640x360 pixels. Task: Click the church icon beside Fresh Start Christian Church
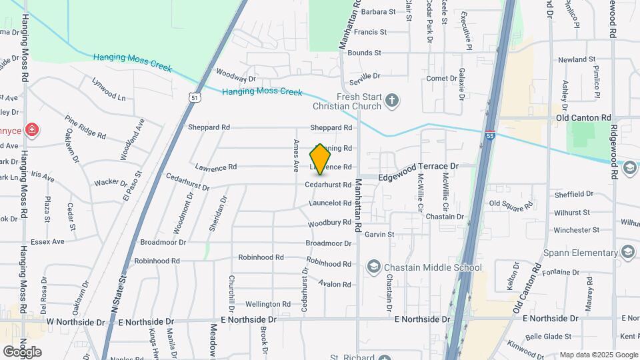[x=393, y=101]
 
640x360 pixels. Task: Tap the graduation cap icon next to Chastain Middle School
[x=373, y=268]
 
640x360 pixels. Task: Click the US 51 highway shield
[x=194, y=97]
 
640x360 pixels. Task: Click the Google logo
[x=22, y=351]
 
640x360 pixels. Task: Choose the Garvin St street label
[x=380, y=234]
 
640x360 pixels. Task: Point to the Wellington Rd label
[x=268, y=304]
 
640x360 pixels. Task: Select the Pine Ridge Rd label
[x=85, y=127]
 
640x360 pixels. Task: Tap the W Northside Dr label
[x=76, y=322]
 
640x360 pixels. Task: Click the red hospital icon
[x=31, y=129]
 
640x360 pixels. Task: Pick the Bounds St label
[x=364, y=52]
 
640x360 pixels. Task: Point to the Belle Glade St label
[x=549, y=337]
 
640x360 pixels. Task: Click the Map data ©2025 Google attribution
[x=598, y=355]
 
